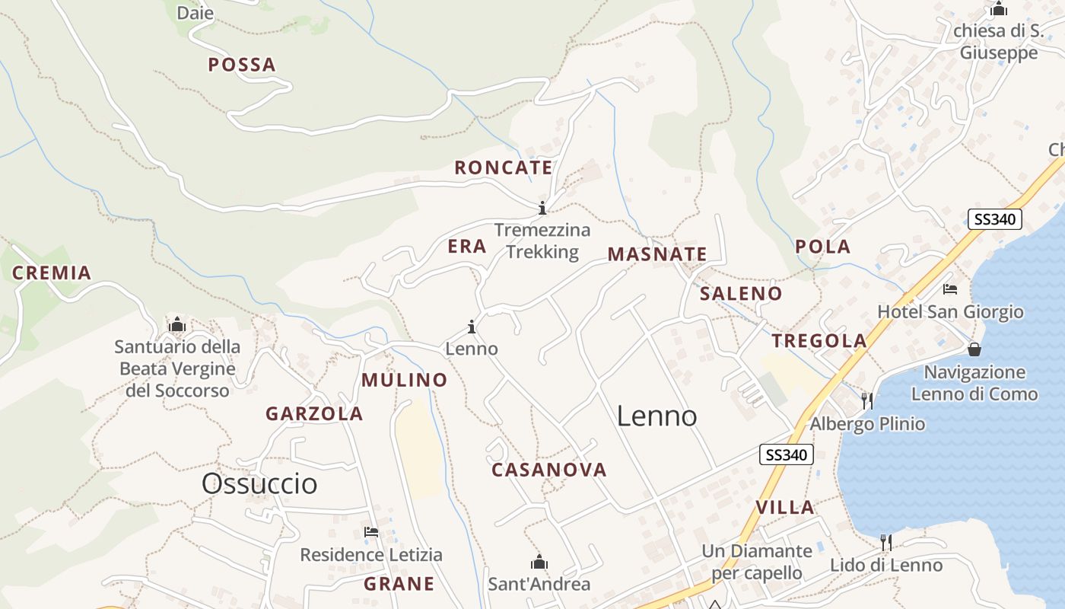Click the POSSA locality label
pyautogui.click(x=242, y=65)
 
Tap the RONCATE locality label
pyautogui.click(x=504, y=167)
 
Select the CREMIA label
pyautogui.click(x=52, y=273)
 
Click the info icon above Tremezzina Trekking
pyautogui.click(x=542, y=208)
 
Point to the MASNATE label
pyautogui.click(x=657, y=254)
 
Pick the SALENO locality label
pyautogui.click(x=741, y=293)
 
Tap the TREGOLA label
pyautogui.click(x=819, y=340)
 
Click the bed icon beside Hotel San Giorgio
pyautogui.click(x=950, y=289)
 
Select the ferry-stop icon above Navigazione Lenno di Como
pyautogui.click(x=974, y=349)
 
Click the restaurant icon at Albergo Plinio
pyautogui.click(x=866, y=400)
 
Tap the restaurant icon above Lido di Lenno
pyautogui.click(x=885, y=542)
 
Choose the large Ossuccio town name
pyautogui.click(x=259, y=483)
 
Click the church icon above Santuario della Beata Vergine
pyautogui.click(x=177, y=325)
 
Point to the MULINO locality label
pyautogui.click(x=405, y=380)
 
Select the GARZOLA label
pyautogui.click(x=314, y=414)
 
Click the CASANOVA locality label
pyautogui.click(x=549, y=470)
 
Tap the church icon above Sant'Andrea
pyautogui.click(x=539, y=563)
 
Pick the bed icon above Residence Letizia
pyautogui.click(x=371, y=531)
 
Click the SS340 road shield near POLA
pyautogui.click(x=995, y=220)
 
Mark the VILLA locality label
pyautogui.click(x=785, y=507)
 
